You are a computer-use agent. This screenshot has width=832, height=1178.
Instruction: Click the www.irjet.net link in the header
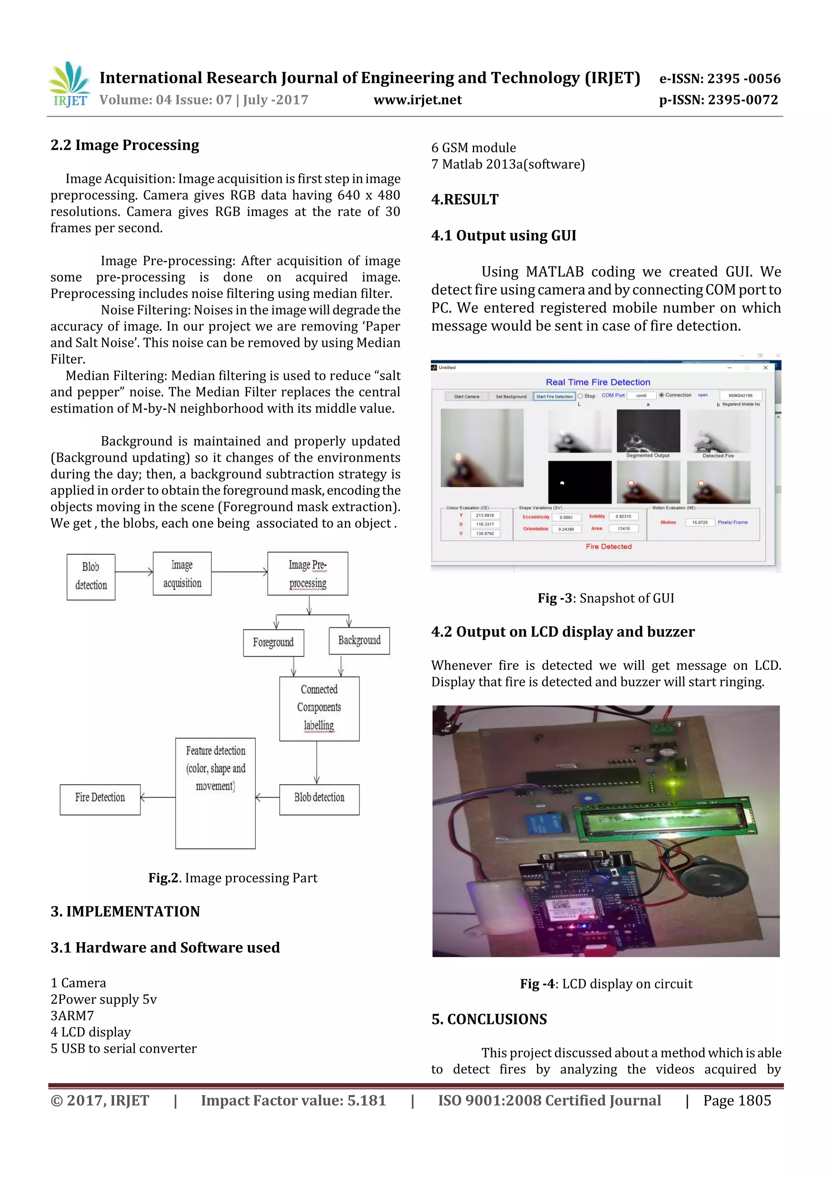[x=417, y=100]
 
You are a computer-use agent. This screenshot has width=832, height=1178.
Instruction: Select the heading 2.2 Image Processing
[x=125, y=145]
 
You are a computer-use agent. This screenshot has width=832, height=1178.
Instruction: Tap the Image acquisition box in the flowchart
[x=182, y=574]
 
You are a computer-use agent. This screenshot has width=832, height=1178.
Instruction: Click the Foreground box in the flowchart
[x=273, y=642]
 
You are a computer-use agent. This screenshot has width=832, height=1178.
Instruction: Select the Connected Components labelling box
[x=319, y=708]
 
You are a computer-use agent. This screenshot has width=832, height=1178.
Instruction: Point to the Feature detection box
[x=215, y=793]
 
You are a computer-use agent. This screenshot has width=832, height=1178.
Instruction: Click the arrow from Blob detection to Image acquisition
[x=134, y=572]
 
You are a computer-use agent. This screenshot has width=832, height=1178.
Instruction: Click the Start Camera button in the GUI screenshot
[x=466, y=396]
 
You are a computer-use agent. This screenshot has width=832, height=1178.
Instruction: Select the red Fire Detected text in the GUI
[x=609, y=547]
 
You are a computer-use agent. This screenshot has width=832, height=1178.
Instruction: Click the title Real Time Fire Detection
[x=598, y=382]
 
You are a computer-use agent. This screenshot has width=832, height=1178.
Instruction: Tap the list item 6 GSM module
[x=473, y=148]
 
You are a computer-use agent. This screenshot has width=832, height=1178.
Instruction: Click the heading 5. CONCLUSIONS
[x=489, y=1019]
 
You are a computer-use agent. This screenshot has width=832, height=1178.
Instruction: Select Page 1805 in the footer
[x=737, y=1100]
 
